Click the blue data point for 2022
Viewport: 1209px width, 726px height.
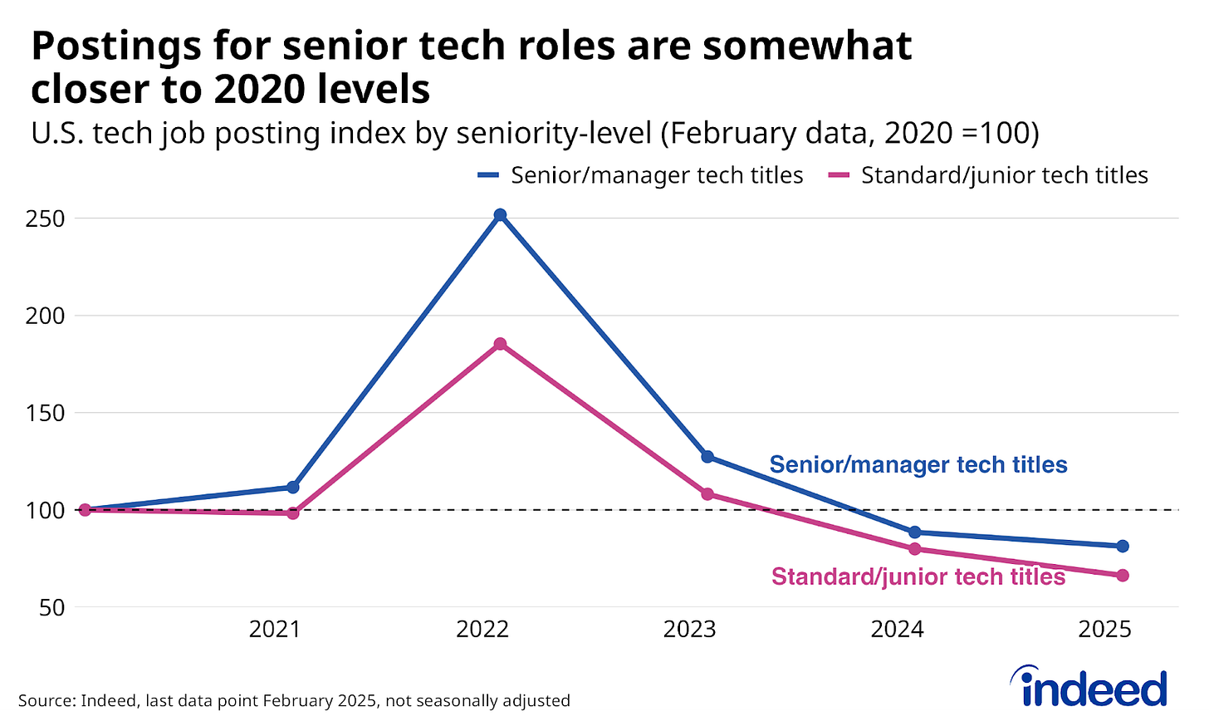pos(500,215)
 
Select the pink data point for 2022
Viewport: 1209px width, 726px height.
pos(500,344)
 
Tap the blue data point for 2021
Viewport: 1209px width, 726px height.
pos(292,487)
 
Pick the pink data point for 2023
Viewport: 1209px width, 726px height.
pos(707,494)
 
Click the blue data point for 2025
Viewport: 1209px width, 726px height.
pos(1122,546)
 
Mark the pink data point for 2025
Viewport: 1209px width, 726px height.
pos(1122,575)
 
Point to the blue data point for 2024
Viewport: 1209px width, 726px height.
pos(914,532)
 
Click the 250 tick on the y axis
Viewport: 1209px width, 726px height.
pos(45,219)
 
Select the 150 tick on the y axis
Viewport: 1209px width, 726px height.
pos(45,413)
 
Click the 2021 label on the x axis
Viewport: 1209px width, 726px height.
pos(275,630)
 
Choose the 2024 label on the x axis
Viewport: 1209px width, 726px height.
pos(897,630)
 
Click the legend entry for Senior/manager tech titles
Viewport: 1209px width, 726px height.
pos(640,175)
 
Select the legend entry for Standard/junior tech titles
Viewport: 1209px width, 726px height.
pos(988,175)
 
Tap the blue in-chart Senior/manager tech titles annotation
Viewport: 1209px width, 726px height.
pos(918,464)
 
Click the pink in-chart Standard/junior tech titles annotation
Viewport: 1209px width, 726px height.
pos(918,576)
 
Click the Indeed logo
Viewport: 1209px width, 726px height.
pos(1089,688)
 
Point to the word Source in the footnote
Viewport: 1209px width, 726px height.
pos(46,700)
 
